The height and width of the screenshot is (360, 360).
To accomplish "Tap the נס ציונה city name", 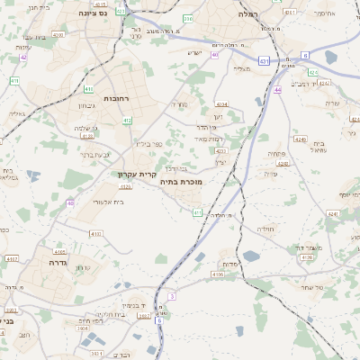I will [x=94, y=13].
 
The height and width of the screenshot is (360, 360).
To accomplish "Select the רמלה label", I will [x=248, y=14].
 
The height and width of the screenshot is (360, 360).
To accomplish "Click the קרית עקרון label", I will [x=137, y=174].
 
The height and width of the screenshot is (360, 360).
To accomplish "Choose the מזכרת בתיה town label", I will [x=181, y=182].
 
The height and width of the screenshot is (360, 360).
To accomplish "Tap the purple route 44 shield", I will [x=278, y=90].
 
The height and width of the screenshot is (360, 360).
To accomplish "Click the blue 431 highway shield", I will [x=263, y=60].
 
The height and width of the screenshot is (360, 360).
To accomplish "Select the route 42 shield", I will [x=24, y=57].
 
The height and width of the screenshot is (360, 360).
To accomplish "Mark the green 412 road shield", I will [x=127, y=121].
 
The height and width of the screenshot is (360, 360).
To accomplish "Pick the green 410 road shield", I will [x=14, y=81].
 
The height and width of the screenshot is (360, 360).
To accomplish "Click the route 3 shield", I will [x=171, y=295].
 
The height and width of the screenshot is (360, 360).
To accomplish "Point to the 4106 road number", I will [x=217, y=274].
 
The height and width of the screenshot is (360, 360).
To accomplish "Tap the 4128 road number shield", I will [x=307, y=257].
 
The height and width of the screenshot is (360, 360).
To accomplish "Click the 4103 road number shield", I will [x=96, y=232].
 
